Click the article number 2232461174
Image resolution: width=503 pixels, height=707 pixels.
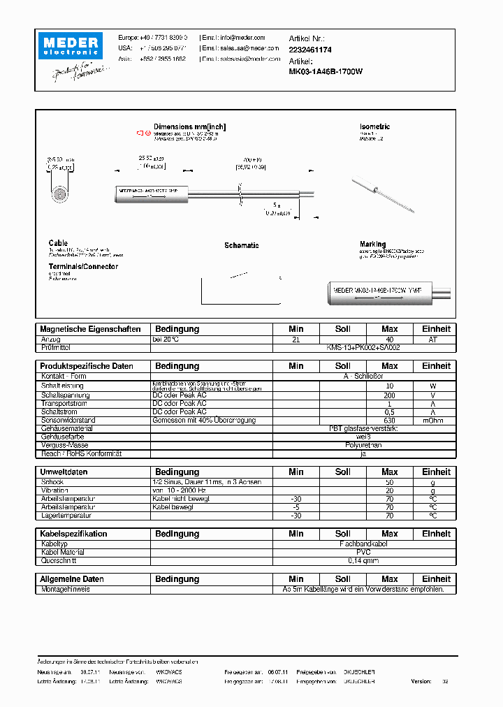coord(310,50)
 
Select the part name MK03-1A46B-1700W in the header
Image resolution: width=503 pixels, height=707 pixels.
coord(326,71)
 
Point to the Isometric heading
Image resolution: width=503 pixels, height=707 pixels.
coord(374,126)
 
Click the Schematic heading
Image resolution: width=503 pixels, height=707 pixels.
coord(241,245)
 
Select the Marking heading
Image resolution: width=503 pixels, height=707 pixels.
coord(372,245)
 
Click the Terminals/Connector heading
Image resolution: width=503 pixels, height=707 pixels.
coord(83,266)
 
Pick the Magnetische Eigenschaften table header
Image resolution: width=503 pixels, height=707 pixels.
coord(90,328)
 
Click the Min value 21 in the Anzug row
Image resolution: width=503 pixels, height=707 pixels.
coord(296,339)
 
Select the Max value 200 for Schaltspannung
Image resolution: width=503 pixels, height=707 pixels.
coord(389,395)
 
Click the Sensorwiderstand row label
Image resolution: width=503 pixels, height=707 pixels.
coord(68,420)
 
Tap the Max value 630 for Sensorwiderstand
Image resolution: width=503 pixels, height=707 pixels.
coord(389,420)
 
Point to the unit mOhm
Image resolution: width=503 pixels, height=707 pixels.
coord(432,420)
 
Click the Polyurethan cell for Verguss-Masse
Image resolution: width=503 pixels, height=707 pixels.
coord(363,445)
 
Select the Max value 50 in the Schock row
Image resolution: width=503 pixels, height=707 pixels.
coord(389,482)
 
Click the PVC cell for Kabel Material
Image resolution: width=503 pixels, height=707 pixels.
coord(363,552)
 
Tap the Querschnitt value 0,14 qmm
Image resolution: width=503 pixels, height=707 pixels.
coord(363,560)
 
